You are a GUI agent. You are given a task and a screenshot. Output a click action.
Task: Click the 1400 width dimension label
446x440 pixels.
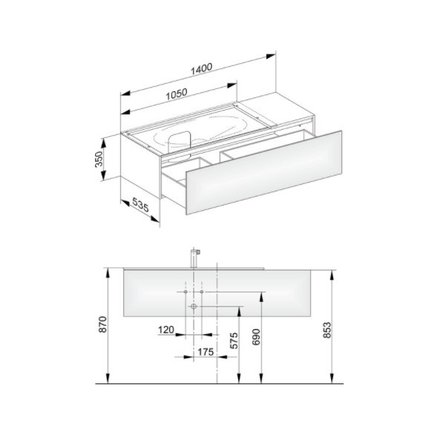point(201,69)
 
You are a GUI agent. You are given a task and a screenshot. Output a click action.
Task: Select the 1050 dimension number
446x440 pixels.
point(177,93)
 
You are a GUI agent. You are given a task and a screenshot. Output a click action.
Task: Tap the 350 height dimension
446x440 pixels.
point(99,160)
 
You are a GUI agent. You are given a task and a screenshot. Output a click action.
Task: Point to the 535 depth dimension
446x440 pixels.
point(140,205)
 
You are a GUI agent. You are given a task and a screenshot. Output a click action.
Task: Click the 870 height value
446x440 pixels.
point(102,324)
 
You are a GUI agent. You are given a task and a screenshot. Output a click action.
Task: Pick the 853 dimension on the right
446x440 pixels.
point(327,330)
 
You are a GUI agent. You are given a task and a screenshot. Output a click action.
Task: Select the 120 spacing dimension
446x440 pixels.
point(166,330)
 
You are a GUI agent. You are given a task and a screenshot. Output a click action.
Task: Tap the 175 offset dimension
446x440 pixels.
point(206,352)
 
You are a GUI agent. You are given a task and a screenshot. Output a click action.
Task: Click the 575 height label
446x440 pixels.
point(233,341)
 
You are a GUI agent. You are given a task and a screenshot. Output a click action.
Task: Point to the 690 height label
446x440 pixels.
point(256,337)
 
